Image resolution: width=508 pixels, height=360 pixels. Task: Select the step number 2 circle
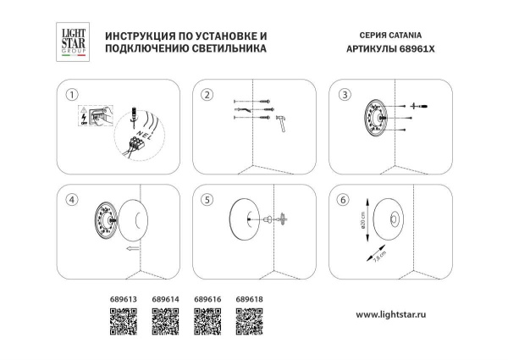(x=207, y=94)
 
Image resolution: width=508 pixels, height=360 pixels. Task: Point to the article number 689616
(x=207, y=299)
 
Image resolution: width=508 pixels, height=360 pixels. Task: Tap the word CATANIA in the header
(x=404, y=36)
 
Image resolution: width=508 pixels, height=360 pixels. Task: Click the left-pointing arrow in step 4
(x=129, y=250)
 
